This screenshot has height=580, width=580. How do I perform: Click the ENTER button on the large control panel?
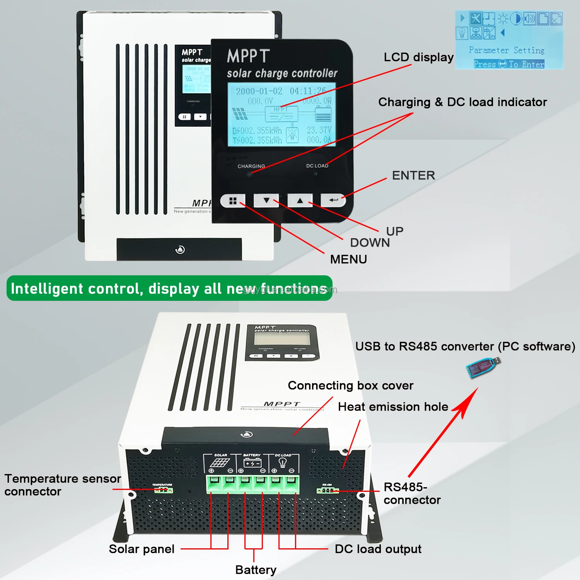[x=333, y=200]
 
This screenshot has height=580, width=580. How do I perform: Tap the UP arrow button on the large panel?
[x=300, y=200]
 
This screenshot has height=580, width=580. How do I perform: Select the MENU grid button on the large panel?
[x=233, y=201]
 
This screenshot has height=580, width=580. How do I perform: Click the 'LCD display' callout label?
[x=418, y=57]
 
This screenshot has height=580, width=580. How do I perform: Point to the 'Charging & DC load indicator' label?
[x=462, y=102]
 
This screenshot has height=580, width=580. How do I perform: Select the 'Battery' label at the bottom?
[x=256, y=570]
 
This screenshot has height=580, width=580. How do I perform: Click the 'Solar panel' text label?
[x=142, y=549]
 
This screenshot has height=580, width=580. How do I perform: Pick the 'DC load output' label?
[x=378, y=549]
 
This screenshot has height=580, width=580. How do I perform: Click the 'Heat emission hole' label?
[x=393, y=407]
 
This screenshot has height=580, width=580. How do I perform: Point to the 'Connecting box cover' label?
[x=350, y=386]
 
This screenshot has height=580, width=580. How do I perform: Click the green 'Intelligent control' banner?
[x=169, y=288]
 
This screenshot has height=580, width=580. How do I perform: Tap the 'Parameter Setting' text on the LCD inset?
[x=507, y=50]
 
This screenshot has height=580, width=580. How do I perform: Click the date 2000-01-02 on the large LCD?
[x=259, y=91]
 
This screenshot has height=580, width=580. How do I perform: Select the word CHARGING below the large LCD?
[x=251, y=166]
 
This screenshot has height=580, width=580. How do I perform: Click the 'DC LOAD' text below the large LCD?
[x=317, y=166]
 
